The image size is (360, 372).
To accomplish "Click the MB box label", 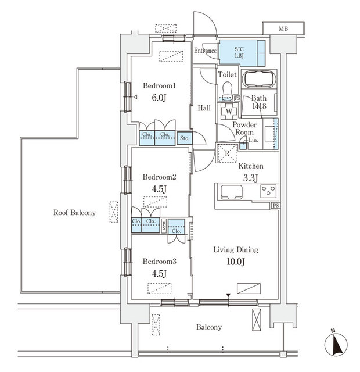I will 283,28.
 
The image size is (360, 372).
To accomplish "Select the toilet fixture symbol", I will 226,87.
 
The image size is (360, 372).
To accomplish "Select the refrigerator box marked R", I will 227,153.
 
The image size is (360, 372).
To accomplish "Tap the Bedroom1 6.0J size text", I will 159,99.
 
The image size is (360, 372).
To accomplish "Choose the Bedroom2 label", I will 159,177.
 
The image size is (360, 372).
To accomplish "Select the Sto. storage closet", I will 185,138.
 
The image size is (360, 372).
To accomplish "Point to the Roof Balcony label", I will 74,213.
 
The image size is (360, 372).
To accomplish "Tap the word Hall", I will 203,108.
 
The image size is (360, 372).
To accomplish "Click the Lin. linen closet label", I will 254,140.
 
